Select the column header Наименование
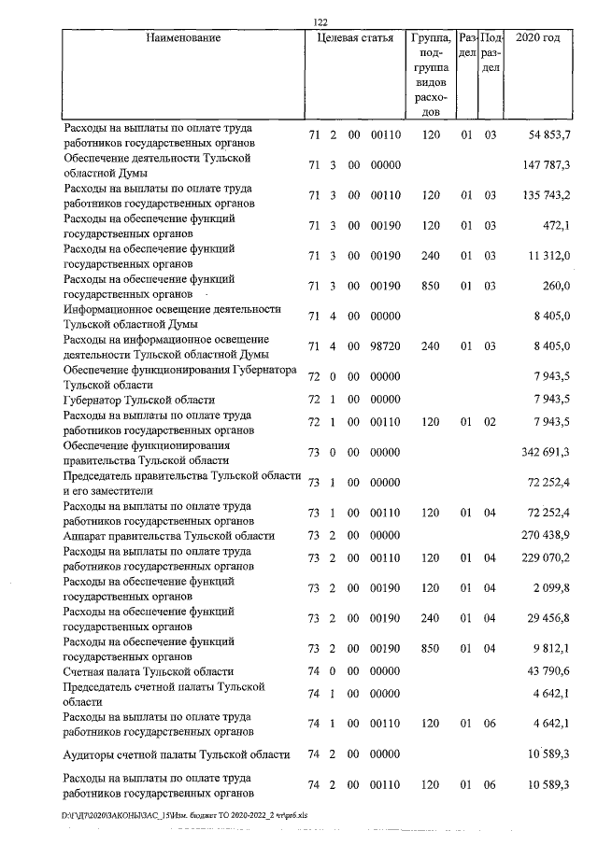tap(183, 39)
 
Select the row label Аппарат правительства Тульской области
tap(168, 536)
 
